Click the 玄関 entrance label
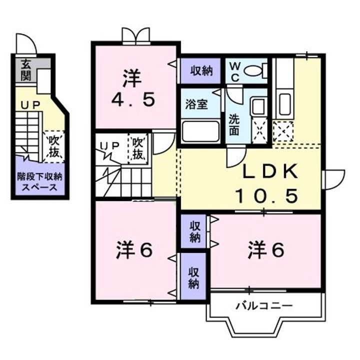(x=26, y=70)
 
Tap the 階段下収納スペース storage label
(x=39, y=182)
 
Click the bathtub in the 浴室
(x=200, y=131)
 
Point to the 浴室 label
(x=196, y=104)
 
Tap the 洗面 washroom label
(x=234, y=125)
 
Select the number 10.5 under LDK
(x=267, y=196)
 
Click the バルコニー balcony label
(x=264, y=306)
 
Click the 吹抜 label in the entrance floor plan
(x=53, y=146)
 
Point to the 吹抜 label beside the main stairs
(x=138, y=149)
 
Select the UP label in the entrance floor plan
(x=30, y=105)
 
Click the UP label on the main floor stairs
(x=110, y=145)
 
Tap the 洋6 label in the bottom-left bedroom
(x=134, y=250)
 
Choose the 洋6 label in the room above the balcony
(x=266, y=250)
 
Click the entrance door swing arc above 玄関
(x=26, y=43)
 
